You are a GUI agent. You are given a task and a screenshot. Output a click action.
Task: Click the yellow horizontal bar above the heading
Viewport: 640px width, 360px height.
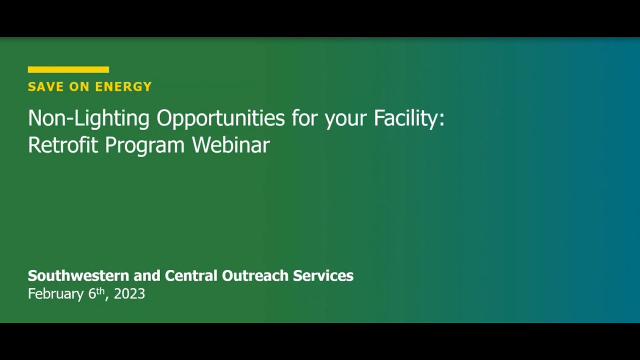[x=68, y=69]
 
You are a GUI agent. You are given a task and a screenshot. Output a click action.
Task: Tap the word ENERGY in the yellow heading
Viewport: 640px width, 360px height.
[x=123, y=86]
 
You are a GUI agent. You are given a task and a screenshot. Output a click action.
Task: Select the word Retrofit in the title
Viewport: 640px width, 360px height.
[x=63, y=145]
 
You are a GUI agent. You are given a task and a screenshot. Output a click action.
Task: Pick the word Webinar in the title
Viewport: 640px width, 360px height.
[x=231, y=145]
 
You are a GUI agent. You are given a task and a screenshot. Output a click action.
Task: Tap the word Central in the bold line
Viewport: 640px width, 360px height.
[x=191, y=275]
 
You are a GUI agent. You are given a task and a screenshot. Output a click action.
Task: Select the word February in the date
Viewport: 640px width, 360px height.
[x=55, y=294]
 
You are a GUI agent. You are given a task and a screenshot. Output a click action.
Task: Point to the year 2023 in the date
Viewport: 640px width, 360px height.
[x=129, y=293]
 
